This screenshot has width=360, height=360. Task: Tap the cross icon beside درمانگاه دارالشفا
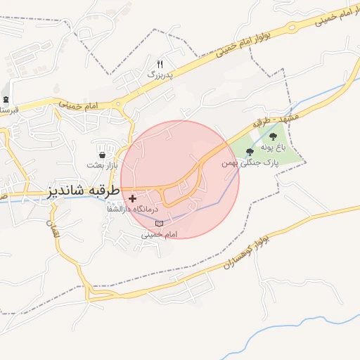[x=132, y=199]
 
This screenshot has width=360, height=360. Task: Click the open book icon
[x=159, y=224]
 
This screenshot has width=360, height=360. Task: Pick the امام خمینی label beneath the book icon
[x=159, y=234]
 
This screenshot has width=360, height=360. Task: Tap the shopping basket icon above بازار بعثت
[x=103, y=154]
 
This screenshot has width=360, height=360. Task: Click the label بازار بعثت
[x=103, y=165]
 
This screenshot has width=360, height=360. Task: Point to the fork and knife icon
[x=160, y=63]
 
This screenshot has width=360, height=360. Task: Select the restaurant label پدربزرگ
[x=160, y=73]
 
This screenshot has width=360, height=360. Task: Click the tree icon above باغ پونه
[x=273, y=137]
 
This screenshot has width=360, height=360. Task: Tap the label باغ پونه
[x=273, y=148]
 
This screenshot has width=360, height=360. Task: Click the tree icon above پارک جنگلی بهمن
[x=250, y=152]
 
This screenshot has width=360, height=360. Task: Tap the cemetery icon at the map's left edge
[x=6, y=100]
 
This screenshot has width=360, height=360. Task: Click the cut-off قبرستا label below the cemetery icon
[x=8, y=110]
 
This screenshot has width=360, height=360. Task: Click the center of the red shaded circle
[x=180, y=179]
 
